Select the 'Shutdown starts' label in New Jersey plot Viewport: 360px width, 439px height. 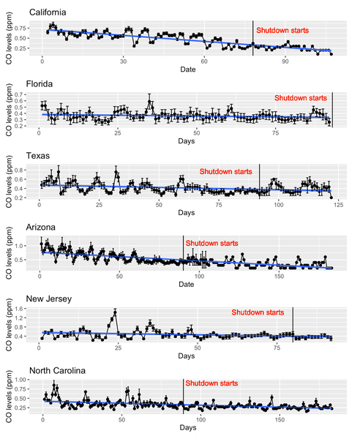[260, 312]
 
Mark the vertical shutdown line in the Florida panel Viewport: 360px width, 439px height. [332, 110]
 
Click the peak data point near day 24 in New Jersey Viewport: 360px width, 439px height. [115, 312]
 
